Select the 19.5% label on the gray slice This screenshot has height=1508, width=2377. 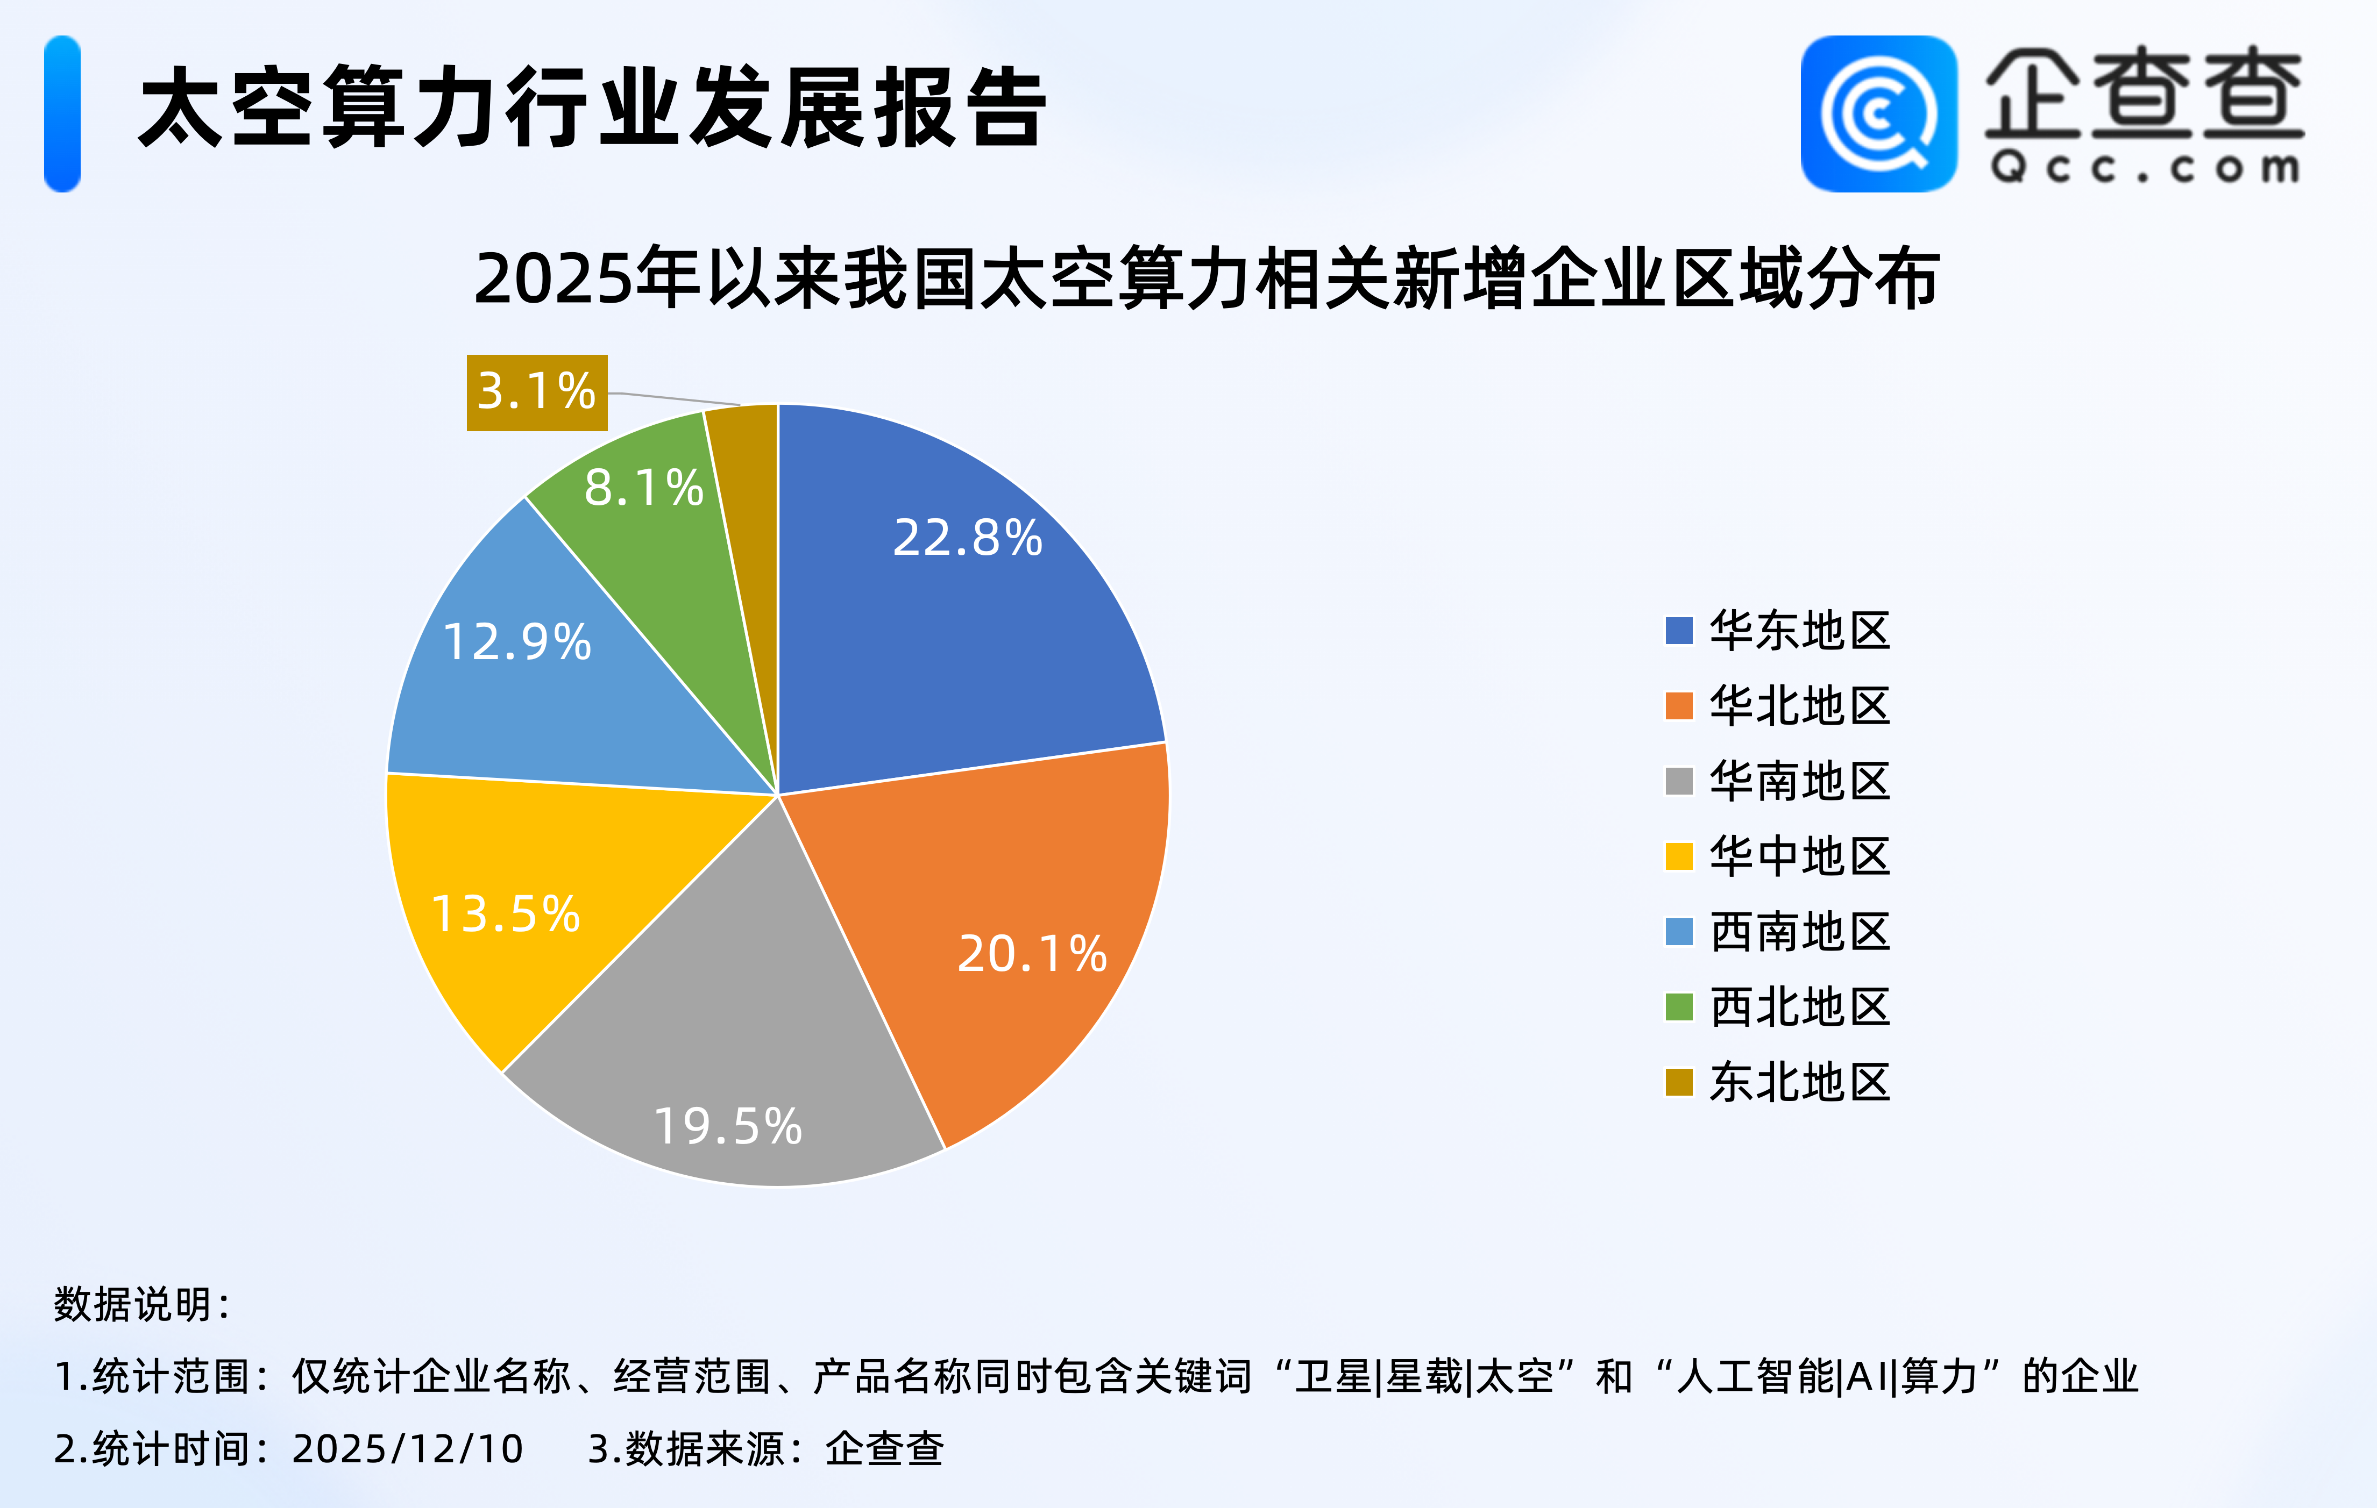coord(728,1126)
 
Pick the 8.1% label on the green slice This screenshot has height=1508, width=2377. coord(644,488)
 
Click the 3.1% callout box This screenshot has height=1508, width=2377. coord(537,392)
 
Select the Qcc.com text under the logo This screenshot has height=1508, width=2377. coord(2145,168)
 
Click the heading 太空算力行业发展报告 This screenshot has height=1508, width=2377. coord(592,109)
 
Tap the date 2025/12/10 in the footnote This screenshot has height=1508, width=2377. coord(407,1449)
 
